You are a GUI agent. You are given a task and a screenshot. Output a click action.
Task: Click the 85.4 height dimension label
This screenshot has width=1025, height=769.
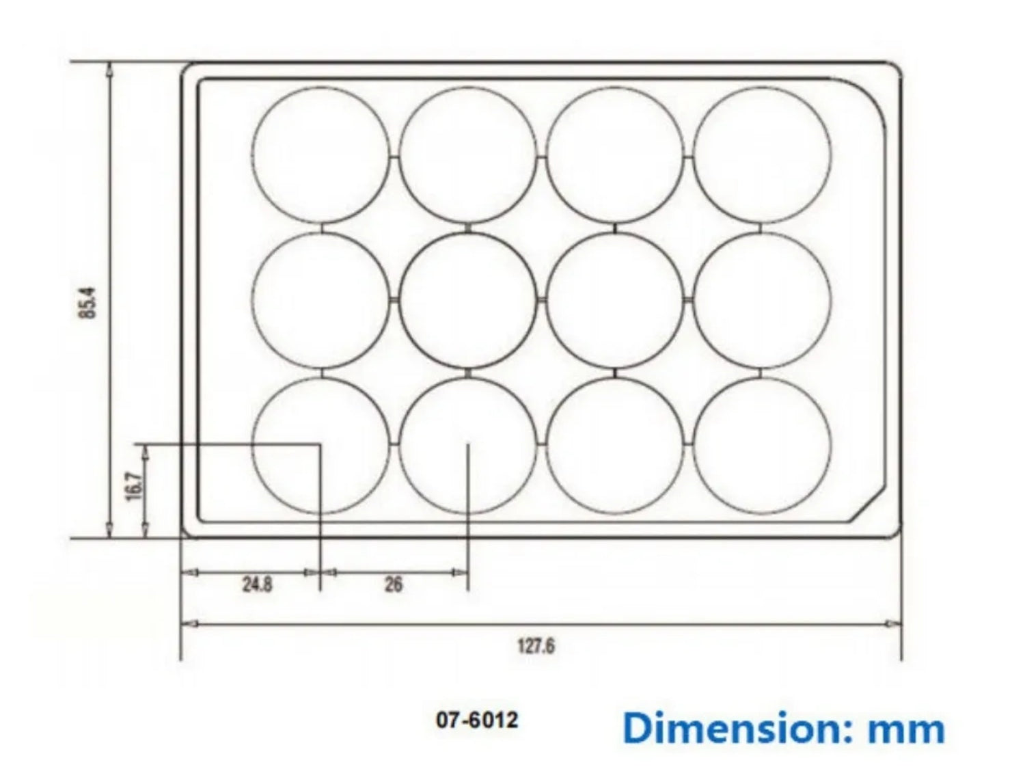coord(88,301)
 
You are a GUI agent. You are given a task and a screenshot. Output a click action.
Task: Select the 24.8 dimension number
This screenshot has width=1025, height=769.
coord(257,584)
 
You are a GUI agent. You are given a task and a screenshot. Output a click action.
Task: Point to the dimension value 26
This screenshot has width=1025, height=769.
coord(394,584)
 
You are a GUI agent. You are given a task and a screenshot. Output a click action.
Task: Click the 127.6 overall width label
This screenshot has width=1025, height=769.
coord(536,645)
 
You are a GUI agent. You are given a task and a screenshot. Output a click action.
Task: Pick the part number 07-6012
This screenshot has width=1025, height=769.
coord(477,720)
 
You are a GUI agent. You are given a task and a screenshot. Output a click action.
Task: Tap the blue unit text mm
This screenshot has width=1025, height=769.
coord(906,729)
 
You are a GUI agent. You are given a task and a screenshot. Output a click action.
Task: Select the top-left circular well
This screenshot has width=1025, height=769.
coord(320,154)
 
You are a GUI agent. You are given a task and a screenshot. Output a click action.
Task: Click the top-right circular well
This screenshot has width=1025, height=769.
coord(763,154)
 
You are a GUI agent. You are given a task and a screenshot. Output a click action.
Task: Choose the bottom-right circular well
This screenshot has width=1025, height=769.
coord(763,445)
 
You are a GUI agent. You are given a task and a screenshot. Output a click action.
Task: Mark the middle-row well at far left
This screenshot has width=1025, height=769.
coord(320,300)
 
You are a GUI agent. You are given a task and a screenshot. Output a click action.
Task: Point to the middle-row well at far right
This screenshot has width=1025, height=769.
coord(763,300)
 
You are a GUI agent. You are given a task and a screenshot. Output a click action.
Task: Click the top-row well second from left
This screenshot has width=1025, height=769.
coord(468,154)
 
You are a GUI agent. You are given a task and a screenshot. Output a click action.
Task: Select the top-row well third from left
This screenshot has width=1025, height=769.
coord(615,154)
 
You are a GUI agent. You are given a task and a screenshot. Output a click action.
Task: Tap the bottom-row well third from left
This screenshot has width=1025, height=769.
coord(615,445)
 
